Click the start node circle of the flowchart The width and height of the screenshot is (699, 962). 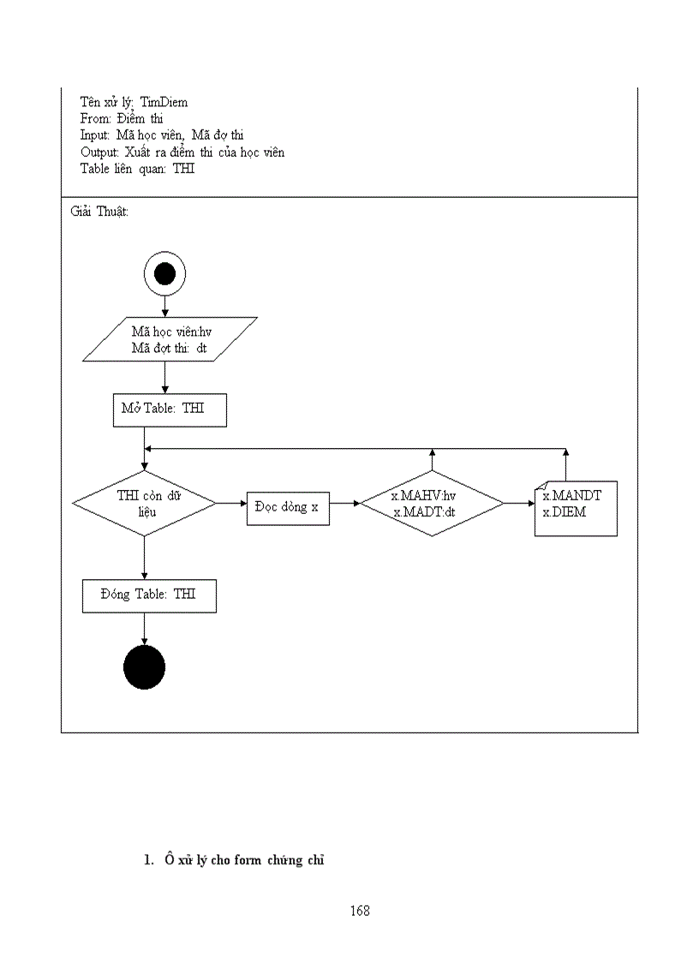click(x=164, y=274)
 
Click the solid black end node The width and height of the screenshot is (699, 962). click(x=144, y=667)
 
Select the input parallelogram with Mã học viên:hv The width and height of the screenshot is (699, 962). click(x=170, y=340)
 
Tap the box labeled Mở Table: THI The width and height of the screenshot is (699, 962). click(x=170, y=409)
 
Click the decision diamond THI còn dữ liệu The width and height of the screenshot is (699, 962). click(x=144, y=503)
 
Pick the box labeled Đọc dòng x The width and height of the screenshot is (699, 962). click(x=288, y=508)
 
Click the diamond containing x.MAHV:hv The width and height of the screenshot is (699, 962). click(x=432, y=503)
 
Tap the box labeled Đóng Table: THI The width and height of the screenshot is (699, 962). click(x=149, y=595)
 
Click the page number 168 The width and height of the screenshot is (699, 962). click(x=360, y=911)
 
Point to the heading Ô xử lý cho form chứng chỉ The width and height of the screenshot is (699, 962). click(x=245, y=860)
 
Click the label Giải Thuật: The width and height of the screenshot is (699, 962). click(x=100, y=211)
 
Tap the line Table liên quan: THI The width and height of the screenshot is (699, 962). click(x=138, y=169)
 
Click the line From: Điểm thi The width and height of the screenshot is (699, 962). click(x=122, y=118)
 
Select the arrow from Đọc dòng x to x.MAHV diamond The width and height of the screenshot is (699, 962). click(x=344, y=504)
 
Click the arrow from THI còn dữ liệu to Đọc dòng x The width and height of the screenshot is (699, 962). click(x=231, y=504)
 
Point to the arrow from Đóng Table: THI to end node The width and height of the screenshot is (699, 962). click(x=144, y=630)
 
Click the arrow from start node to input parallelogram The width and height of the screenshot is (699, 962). click(x=164, y=306)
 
